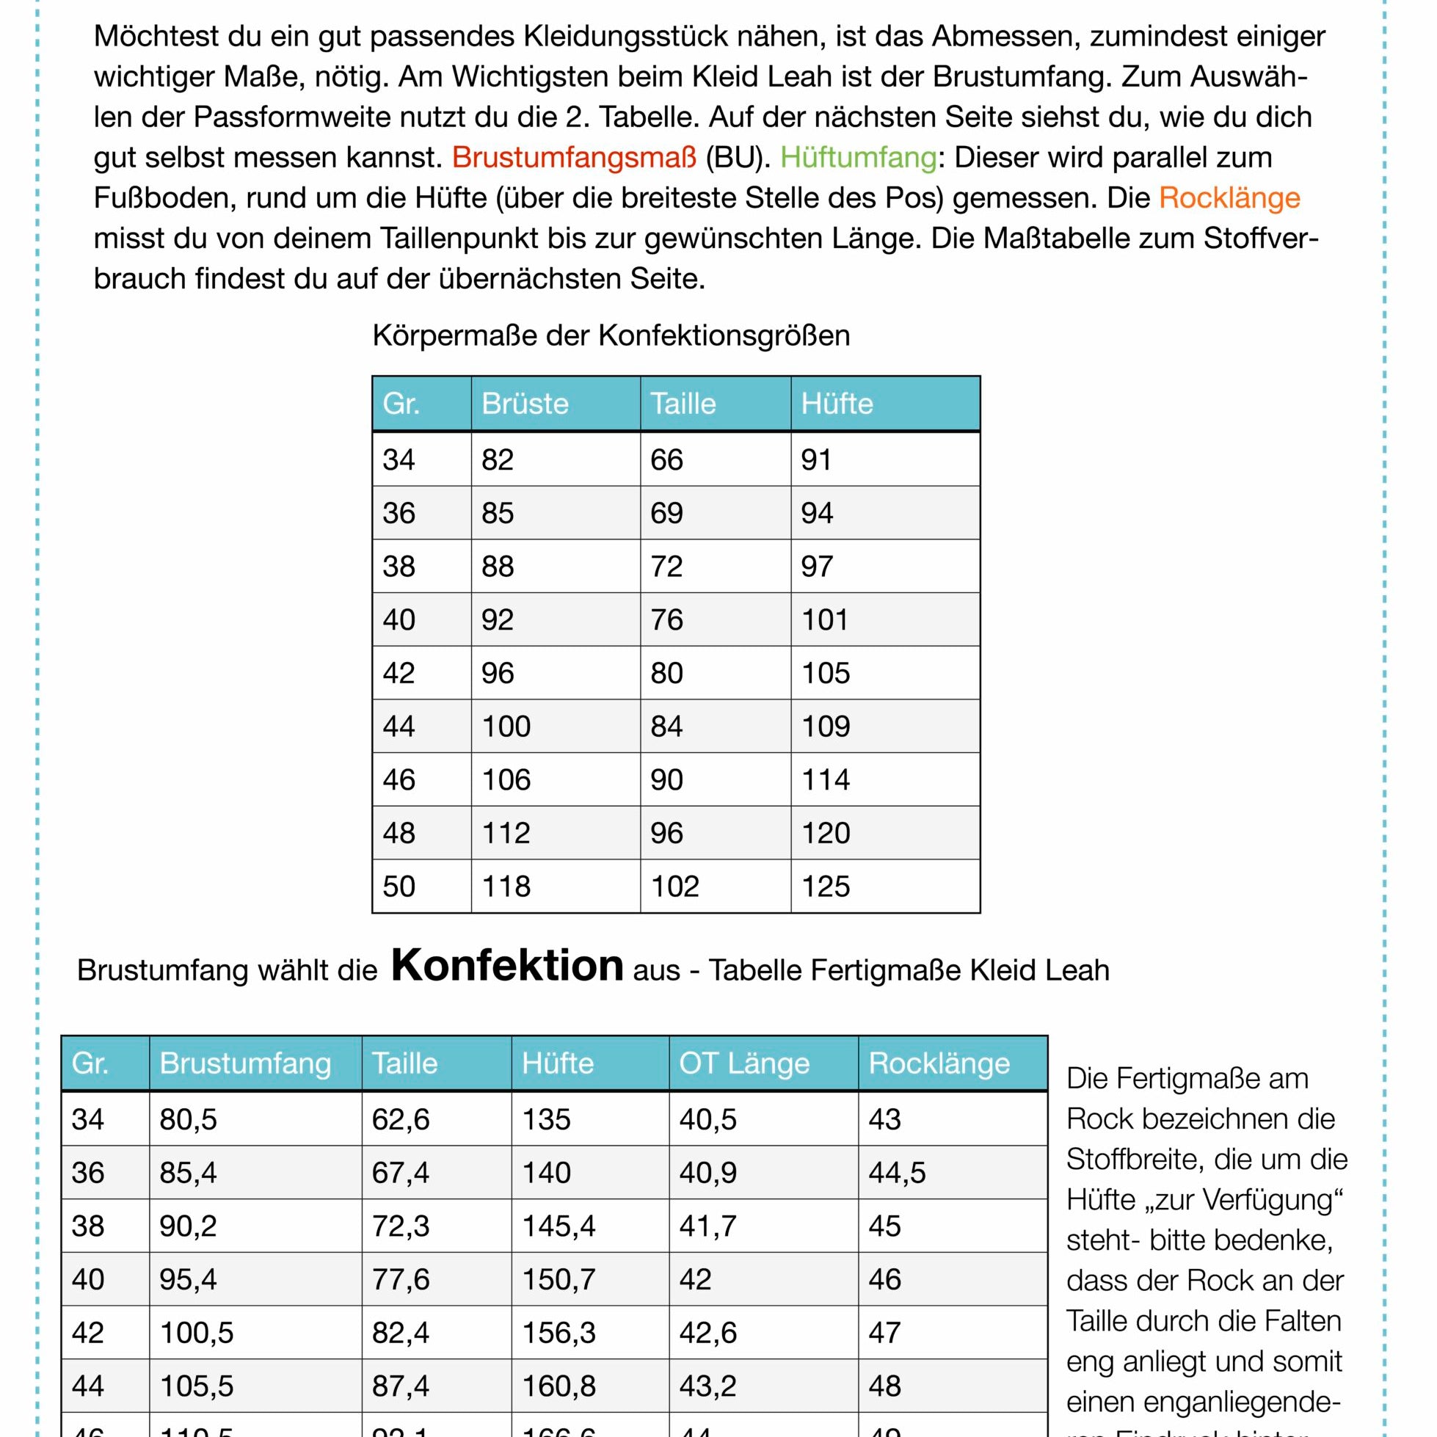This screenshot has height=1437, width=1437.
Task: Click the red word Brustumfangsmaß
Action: (x=574, y=158)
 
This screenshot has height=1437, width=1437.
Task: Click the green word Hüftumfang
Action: (x=858, y=158)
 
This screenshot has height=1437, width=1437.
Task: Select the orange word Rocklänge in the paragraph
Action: (x=1229, y=198)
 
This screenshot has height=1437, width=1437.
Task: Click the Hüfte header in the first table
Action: (x=836, y=404)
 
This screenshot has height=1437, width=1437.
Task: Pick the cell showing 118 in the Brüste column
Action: (x=506, y=887)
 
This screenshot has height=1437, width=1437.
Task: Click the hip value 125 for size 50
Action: (x=825, y=887)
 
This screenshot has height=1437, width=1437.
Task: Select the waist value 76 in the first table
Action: (x=666, y=619)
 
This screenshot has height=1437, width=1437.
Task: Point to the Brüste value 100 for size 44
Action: (x=506, y=727)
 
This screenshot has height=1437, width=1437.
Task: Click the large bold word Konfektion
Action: (x=507, y=965)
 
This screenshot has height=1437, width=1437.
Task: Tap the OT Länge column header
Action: (x=743, y=1063)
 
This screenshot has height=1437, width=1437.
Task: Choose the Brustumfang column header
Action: (x=244, y=1063)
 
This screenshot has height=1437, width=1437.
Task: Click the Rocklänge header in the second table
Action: (x=939, y=1063)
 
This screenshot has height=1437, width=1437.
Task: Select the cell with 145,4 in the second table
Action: (x=559, y=1226)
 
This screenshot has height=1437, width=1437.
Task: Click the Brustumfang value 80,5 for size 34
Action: (x=187, y=1119)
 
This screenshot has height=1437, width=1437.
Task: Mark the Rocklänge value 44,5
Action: (x=897, y=1173)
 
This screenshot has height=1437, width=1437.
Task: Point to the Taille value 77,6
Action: (x=400, y=1279)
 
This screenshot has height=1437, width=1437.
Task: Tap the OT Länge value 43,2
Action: (x=707, y=1386)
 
